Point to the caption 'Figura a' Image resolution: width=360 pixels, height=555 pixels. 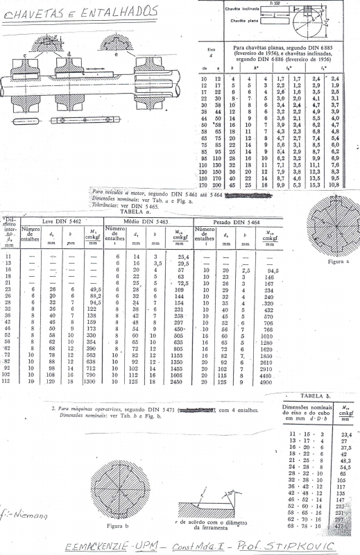pos(328,264)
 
